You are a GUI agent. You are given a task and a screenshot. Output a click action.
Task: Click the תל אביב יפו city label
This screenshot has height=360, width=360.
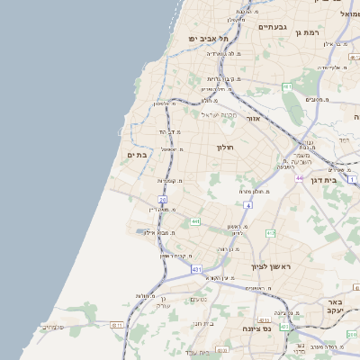pyautogui.click(x=208, y=39)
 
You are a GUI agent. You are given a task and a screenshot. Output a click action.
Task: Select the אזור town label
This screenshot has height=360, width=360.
pyautogui.click(x=252, y=119)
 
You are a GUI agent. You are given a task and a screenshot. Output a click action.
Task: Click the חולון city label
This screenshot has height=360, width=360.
pyautogui.click(x=225, y=146)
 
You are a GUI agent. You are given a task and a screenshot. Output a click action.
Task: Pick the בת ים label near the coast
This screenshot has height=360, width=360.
pyautogui.click(x=137, y=155)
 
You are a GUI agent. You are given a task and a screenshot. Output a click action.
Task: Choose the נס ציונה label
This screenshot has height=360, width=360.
pyautogui.click(x=237, y=328)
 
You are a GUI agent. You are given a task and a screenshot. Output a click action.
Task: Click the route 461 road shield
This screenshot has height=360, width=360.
pyautogui.click(x=286, y=86)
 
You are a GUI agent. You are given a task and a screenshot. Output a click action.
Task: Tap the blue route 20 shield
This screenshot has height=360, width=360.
pyautogui.click(x=162, y=200)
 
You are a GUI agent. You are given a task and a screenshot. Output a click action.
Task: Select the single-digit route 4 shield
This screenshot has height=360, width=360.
pyautogui.click(x=247, y=205)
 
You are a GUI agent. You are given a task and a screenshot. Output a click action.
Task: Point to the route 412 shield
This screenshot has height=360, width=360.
pyautogui.click(x=270, y=233)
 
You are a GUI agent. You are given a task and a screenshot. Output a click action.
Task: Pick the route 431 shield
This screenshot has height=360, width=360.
pyautogui.click(x=196, y=268)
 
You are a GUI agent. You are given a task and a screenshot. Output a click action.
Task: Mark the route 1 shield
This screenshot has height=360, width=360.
pyautogui.click(x=353, y=180)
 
